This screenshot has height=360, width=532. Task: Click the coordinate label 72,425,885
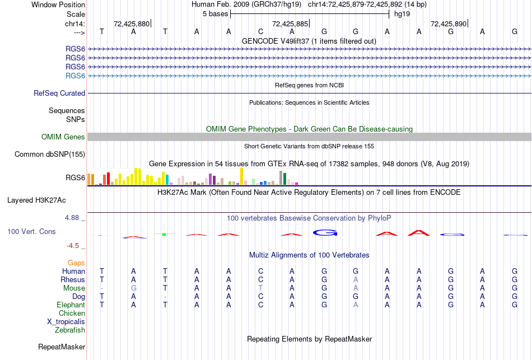click(x=290, y=24)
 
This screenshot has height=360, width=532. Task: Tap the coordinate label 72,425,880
click(x=132, y=24)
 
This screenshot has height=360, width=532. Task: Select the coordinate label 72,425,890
click(x=449, y=24)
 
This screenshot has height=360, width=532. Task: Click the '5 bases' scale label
click(x=215, y=13)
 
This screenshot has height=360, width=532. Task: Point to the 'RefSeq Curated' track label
click(x=59, y=93)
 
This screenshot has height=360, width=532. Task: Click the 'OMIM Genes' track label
click(x=63, y=137)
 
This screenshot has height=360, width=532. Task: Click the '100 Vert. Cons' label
click(x=31, y=231)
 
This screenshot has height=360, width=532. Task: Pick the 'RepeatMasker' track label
click(x=62, y=347)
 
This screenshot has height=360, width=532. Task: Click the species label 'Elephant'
click(x=71, y=305)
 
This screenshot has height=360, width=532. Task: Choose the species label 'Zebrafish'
click(x=71, y=330)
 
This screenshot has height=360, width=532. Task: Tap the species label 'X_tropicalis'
click(x=66, y=322)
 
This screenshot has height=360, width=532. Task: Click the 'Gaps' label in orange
click(x=76, y=263)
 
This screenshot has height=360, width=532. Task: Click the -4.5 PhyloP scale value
click(x=73, y=245)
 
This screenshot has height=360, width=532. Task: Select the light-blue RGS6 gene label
click(x=75, y=76)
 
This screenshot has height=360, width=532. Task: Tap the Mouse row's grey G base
click(x=133, y=288)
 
